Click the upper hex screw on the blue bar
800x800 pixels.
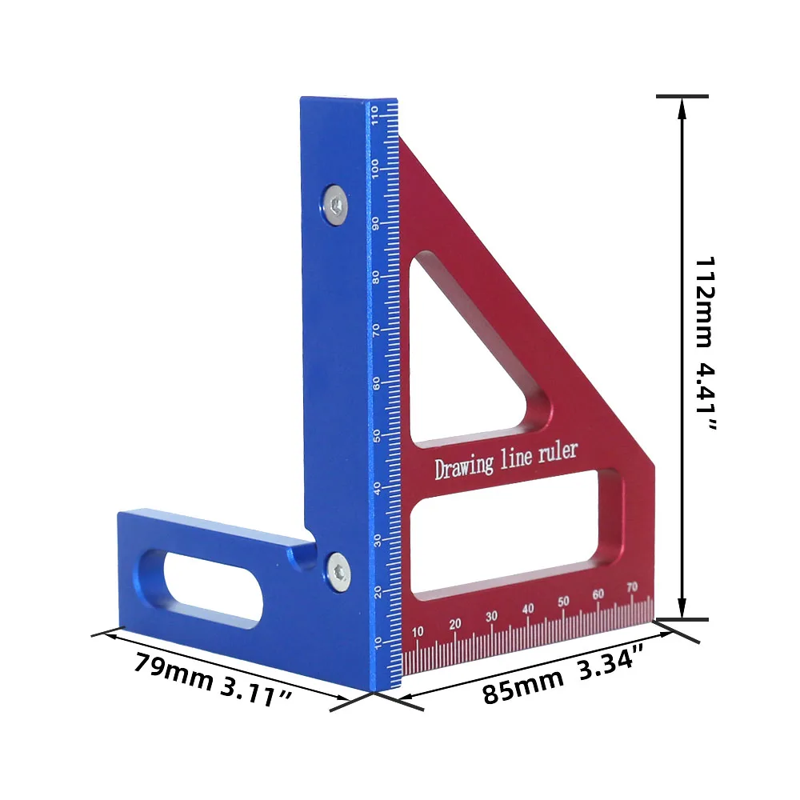pos(336,206)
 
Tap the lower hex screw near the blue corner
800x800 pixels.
pos(338,573)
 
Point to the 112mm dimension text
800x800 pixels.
pos(705,302)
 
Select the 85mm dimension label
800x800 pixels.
pos(522,686)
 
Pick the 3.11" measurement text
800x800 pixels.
pos(256,694)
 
